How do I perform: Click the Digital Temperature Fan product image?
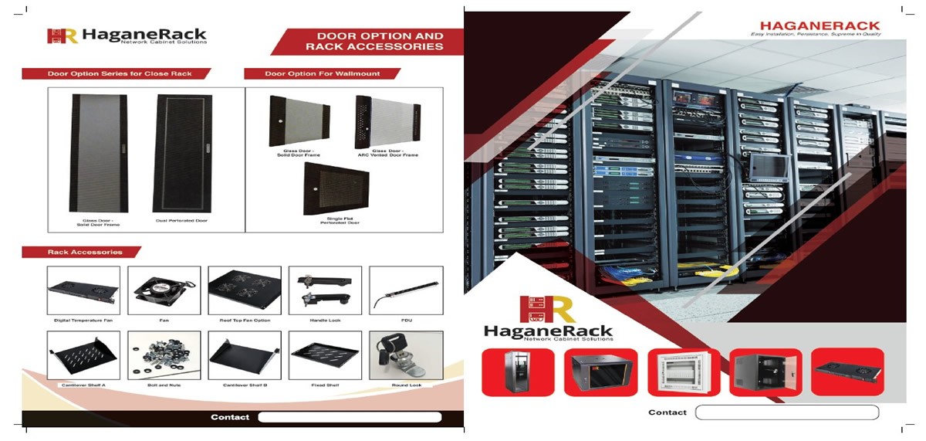83,290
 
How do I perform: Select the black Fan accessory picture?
164,290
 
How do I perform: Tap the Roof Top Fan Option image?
245,290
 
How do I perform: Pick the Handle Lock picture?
325,290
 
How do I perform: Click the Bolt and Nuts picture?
164,355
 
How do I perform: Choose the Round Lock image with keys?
406,355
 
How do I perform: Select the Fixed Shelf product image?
325,355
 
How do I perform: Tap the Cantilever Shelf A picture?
83,355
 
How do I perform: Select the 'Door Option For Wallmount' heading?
323,74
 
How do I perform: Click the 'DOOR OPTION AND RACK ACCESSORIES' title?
374,42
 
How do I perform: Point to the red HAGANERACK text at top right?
820,26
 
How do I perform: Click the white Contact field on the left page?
349,417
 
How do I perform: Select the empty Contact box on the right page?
786,412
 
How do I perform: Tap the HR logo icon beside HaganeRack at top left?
62,36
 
